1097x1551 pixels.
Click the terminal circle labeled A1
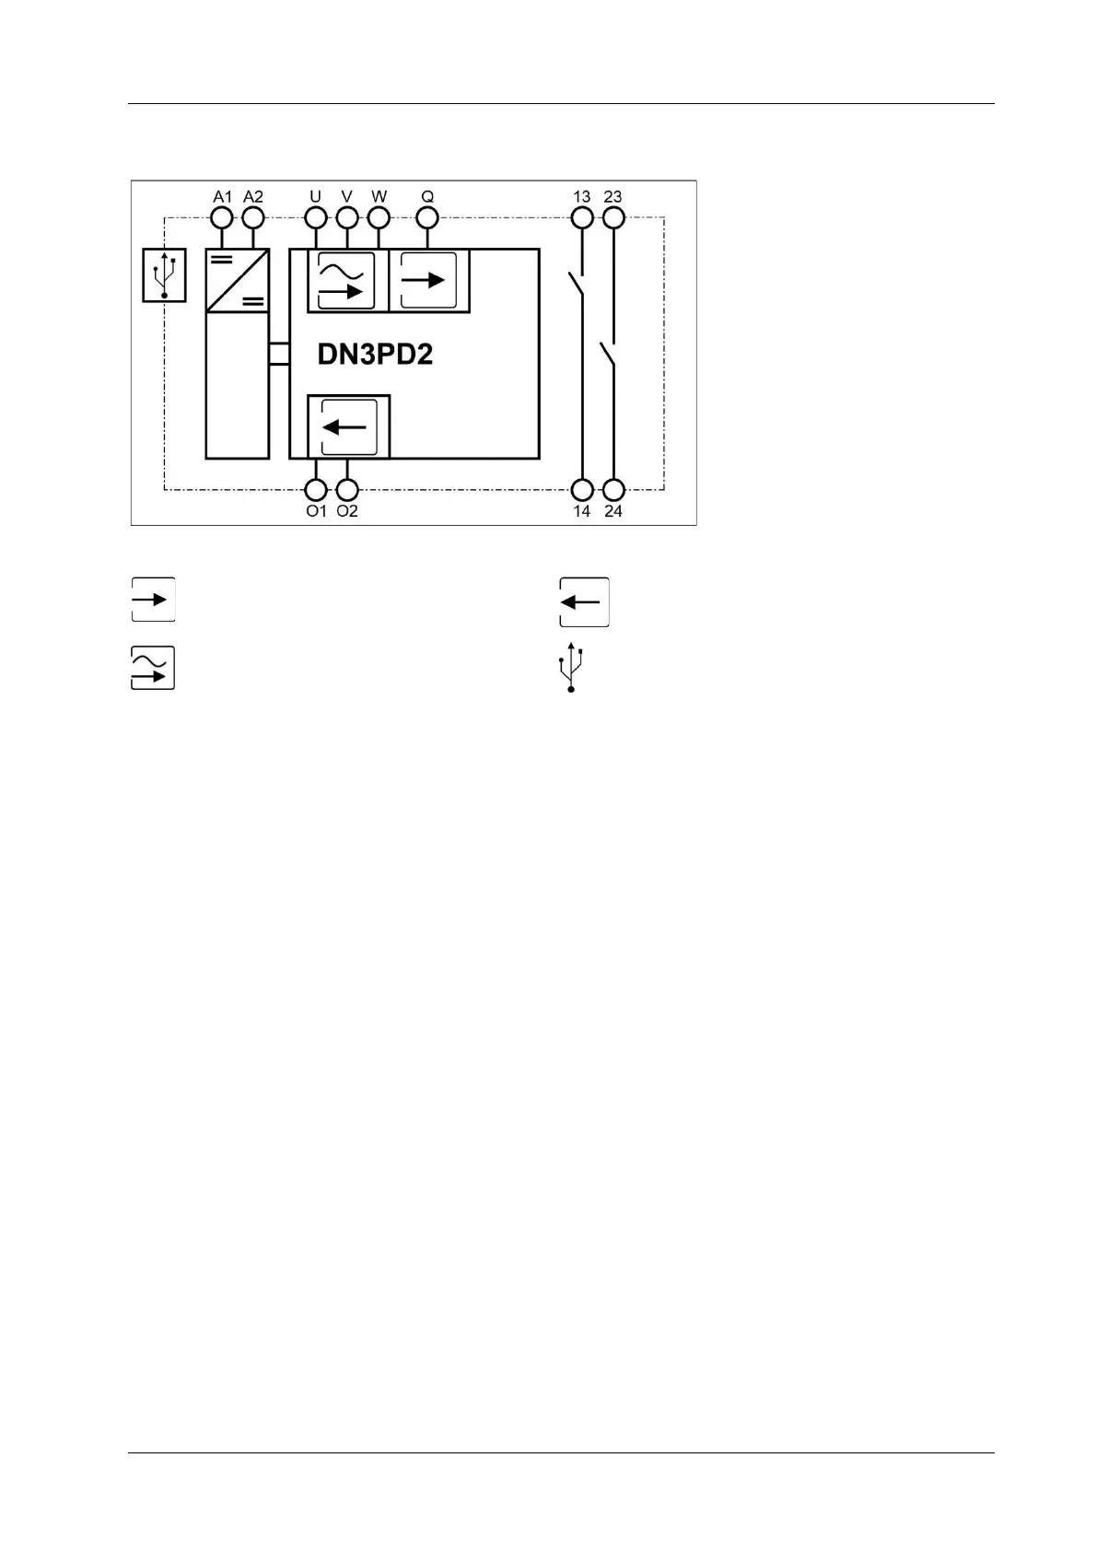click(222, 218)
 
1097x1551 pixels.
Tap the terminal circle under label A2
click(252, 218)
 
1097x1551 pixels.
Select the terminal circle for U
click(316, 218)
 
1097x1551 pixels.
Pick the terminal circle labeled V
click(347, 218)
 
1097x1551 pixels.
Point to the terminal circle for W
click(379, 218)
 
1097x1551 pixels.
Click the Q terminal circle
click(427, 218)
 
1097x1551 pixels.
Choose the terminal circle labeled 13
click(582, 218)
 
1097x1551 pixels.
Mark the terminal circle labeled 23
click(613, 218)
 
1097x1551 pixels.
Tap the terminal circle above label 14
click(582, 490)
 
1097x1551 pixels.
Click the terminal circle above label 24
click(613, 490)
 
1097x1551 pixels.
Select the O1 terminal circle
click(316, 490)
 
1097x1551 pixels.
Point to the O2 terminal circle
click(347, 490)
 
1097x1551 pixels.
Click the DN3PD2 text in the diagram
click(375, 355)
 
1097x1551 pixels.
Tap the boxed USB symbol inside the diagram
click(164, 274)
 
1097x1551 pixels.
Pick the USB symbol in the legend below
click(571, 668)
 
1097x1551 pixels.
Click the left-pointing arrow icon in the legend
click(584, 602)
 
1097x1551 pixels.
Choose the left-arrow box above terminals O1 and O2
click(347, 426)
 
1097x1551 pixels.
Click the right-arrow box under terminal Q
click(427, 281)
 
